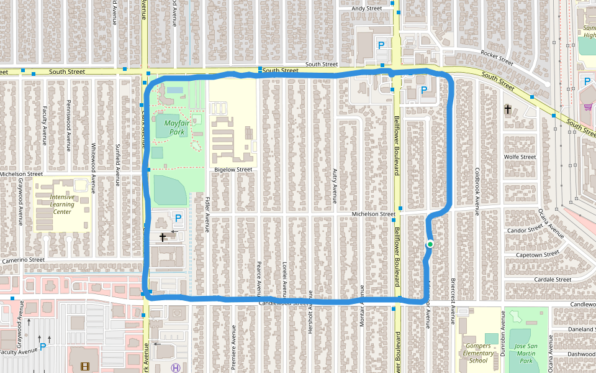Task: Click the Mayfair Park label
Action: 174,127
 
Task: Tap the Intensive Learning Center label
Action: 62,205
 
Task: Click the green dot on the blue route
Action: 430,244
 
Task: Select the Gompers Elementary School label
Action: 478,352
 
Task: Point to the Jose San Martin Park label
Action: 526,352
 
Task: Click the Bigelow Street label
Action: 233,169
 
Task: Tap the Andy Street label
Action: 367,9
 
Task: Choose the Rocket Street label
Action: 497,58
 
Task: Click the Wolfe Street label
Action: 520,157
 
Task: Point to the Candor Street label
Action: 525,230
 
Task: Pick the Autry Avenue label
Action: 335,186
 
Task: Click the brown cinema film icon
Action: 84,367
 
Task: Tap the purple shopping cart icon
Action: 587,107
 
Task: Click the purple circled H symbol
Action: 176,367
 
